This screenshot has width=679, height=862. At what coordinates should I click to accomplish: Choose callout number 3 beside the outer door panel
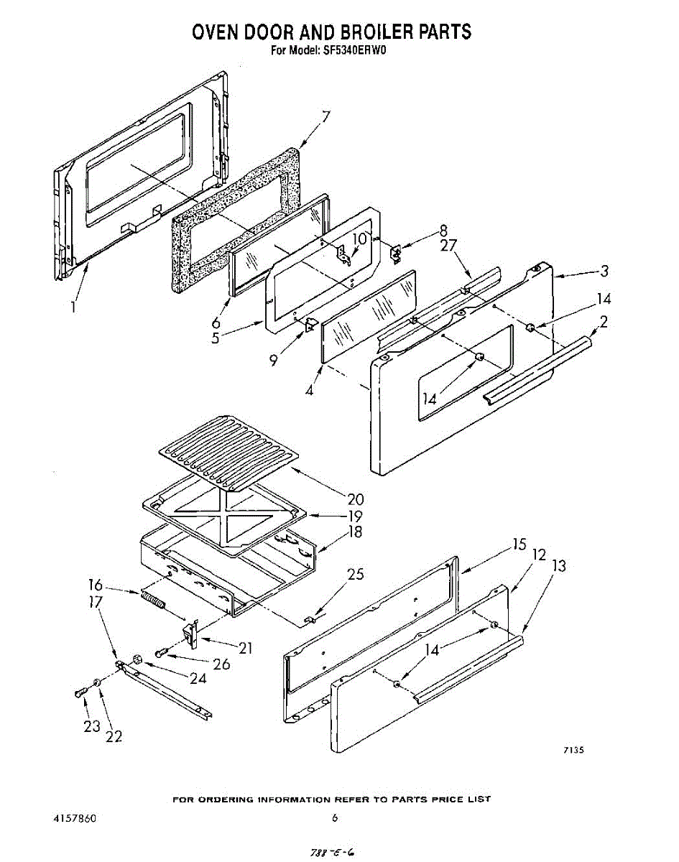[x=604, y=271]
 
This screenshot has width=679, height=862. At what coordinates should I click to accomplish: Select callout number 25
[x=355, y=574]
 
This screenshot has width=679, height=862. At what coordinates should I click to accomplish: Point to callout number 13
[x=558, y=566]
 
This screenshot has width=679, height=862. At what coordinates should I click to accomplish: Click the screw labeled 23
[x=78, y=693]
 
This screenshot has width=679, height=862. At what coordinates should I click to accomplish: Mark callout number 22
[x=114, y=736]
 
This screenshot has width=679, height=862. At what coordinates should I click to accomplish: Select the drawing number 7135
[x=573, y=750]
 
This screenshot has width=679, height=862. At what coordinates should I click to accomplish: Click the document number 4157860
[x=75, y=818]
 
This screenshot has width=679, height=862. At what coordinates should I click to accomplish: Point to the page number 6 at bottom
[x=335, y=817]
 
